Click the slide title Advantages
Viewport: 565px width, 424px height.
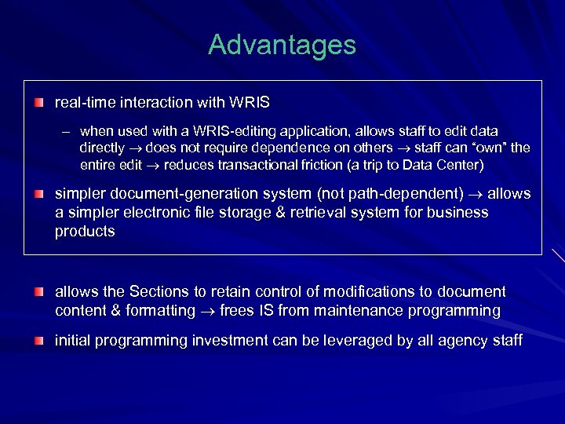coord(282,45)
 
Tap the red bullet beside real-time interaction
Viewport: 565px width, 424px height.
coord(38,103)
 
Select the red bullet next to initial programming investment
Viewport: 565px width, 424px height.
coord(38,341)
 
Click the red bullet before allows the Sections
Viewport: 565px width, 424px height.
coord(38,292)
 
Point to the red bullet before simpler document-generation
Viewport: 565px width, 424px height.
coord(38,194)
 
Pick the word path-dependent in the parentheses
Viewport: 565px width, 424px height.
coord(405,193)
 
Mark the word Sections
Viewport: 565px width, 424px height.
coord(157,291)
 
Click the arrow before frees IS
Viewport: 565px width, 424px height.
coord(207,311)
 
